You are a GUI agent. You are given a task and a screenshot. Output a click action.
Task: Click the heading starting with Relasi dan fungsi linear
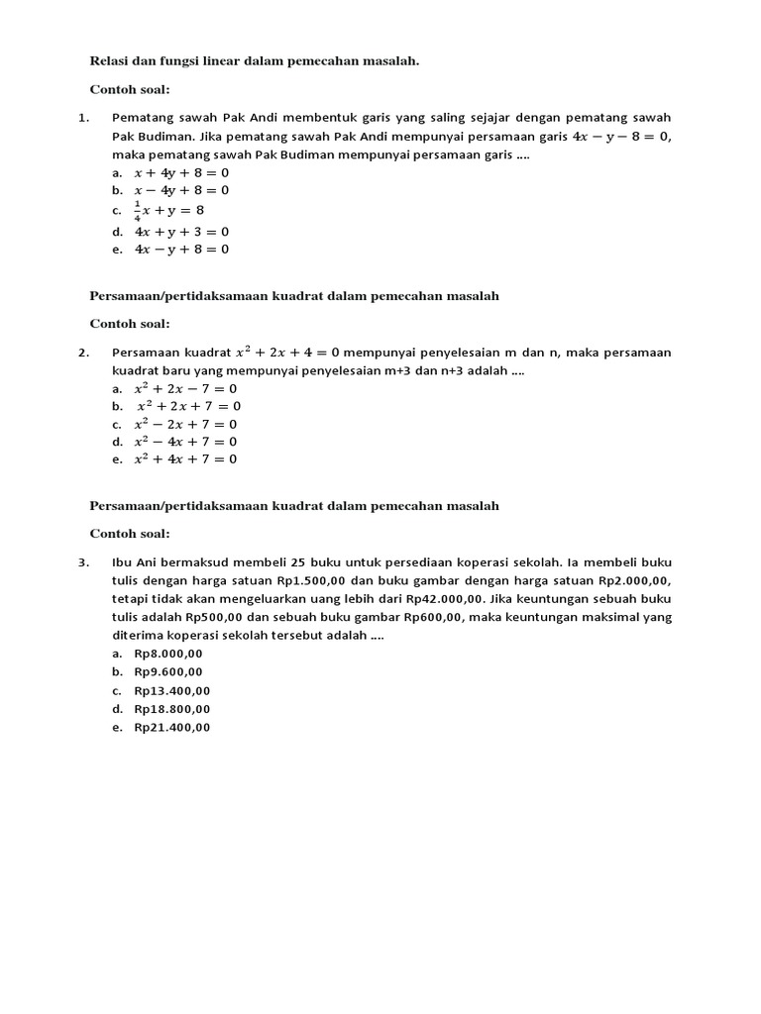pyautogui.click(x=255, y=61)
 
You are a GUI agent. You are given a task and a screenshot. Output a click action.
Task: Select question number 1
pyautogui.click(x=83, y=117)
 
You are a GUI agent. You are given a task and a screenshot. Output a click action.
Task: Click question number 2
pyautogui.click(x=83, y=352)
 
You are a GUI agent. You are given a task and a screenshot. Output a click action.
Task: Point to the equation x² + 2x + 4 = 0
pyautogui.click(x=287, y=352)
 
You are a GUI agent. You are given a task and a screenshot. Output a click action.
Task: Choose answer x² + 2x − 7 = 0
pyautogui.click(x=185, y=389)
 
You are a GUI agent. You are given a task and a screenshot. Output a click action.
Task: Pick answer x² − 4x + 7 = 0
pyautogui.click(x=185, y=442)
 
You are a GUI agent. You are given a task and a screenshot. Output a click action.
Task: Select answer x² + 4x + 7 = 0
pyautogui.click(x=185, y=459)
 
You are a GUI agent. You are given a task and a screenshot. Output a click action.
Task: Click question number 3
pyautogui.click(x=83, y=562)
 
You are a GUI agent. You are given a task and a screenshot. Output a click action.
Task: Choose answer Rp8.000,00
pyautogui.click(x=167, y=654)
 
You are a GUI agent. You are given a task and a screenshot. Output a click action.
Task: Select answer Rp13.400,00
pyautogui.click(x=171, y=691)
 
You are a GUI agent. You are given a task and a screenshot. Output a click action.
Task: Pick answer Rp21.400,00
pyautogui.click(x=171, y=728)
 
